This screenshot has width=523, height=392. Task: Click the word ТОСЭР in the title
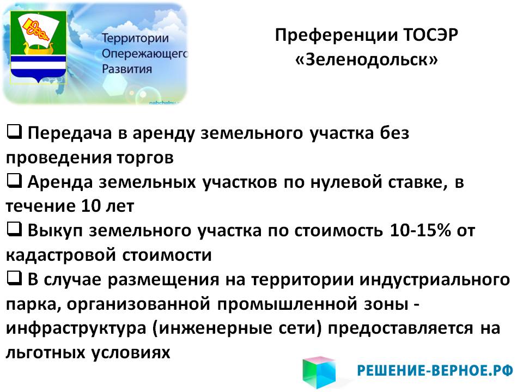click(x=430, y=35)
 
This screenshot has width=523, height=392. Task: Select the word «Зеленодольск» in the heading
click(x=367, y=60)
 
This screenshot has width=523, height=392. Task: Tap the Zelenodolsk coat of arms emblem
click(x=38, y=47)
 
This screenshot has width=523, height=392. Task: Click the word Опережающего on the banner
click(x=145, y=54)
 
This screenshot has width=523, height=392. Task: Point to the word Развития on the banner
click(x=127, y=69)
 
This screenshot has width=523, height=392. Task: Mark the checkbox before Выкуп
click(x=14, y=229)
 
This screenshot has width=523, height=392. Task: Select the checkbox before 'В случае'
click(x=14, y=278)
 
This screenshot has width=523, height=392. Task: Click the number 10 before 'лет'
click(x=90, y=206)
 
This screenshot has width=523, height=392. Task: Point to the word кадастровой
click(x=60, y=255)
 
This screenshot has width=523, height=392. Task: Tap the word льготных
click(x=45, y=353)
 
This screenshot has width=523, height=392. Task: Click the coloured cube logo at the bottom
click(x=319, y=372)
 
